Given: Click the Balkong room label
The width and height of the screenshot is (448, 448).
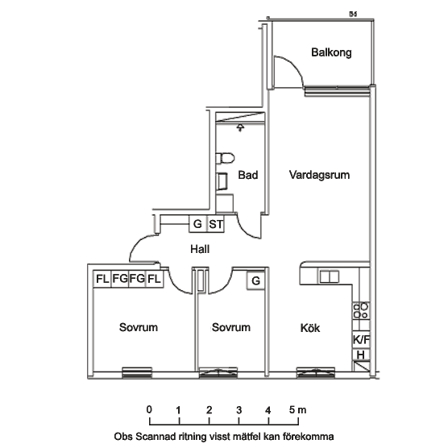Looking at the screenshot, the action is (x=331, y=52).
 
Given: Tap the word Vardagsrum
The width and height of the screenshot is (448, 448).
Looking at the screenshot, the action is (x=319, y=175).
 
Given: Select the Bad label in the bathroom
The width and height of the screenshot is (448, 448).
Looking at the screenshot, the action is (x=248, y=175).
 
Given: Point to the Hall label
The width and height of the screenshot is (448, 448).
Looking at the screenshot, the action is (x=200, y=249).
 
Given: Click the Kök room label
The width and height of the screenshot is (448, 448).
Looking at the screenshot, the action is (x=310, y=328).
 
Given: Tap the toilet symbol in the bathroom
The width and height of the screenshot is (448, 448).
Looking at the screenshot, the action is (x=225, y=158).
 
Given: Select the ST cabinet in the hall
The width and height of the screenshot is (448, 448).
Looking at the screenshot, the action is (x=216, y=224).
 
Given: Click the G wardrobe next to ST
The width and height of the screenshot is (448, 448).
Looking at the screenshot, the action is (x=197, y=224).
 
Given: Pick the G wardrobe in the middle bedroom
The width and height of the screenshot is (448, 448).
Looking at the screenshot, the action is (x=256, y=280).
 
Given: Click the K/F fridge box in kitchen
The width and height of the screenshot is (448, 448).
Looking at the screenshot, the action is (x=361, y=340).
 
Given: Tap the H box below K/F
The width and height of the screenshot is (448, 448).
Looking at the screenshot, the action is (x=361, y=355).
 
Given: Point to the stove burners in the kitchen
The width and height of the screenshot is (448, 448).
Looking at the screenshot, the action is (x=361, y=311).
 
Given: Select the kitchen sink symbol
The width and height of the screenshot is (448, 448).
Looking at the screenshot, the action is (x=329, y=277).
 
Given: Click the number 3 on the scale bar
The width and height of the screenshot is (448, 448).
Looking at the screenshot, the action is (x=239, y=410).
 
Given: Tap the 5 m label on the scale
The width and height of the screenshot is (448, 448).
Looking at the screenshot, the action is (x=297, y=410).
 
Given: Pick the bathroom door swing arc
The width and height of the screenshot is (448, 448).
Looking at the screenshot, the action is (x=245, y=230).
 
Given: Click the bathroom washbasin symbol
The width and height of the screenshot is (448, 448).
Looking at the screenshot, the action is (x=222, y=181).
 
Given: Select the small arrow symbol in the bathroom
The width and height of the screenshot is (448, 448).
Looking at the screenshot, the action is (x=241, y=127).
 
